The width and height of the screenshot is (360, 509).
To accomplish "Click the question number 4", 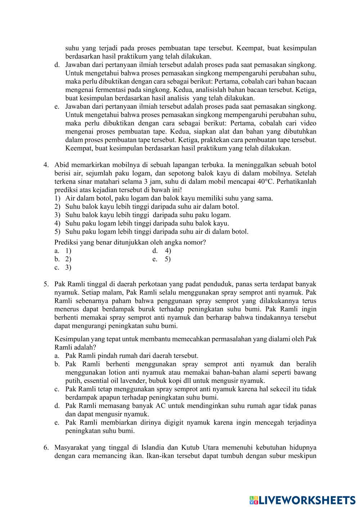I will (x=46, y=165).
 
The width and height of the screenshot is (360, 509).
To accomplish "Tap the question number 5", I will (x=46, y=284).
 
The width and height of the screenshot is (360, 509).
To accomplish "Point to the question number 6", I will (x=46, y=447).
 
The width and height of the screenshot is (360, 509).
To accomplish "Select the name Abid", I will (x=62, y=165).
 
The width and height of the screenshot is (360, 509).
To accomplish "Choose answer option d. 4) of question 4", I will (x=162, y=251).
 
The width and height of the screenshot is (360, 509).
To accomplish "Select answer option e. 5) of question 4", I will (x=162, y=259).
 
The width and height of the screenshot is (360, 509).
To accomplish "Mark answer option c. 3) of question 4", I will (x=63, y=267).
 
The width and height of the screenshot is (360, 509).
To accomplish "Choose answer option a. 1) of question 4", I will (x=63, y=251).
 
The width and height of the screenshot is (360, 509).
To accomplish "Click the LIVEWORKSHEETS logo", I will (x=302, y=500).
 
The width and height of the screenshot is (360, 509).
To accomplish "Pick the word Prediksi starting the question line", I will (x=66, y=242).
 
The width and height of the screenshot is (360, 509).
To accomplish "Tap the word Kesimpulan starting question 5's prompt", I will (x=71, y=339).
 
